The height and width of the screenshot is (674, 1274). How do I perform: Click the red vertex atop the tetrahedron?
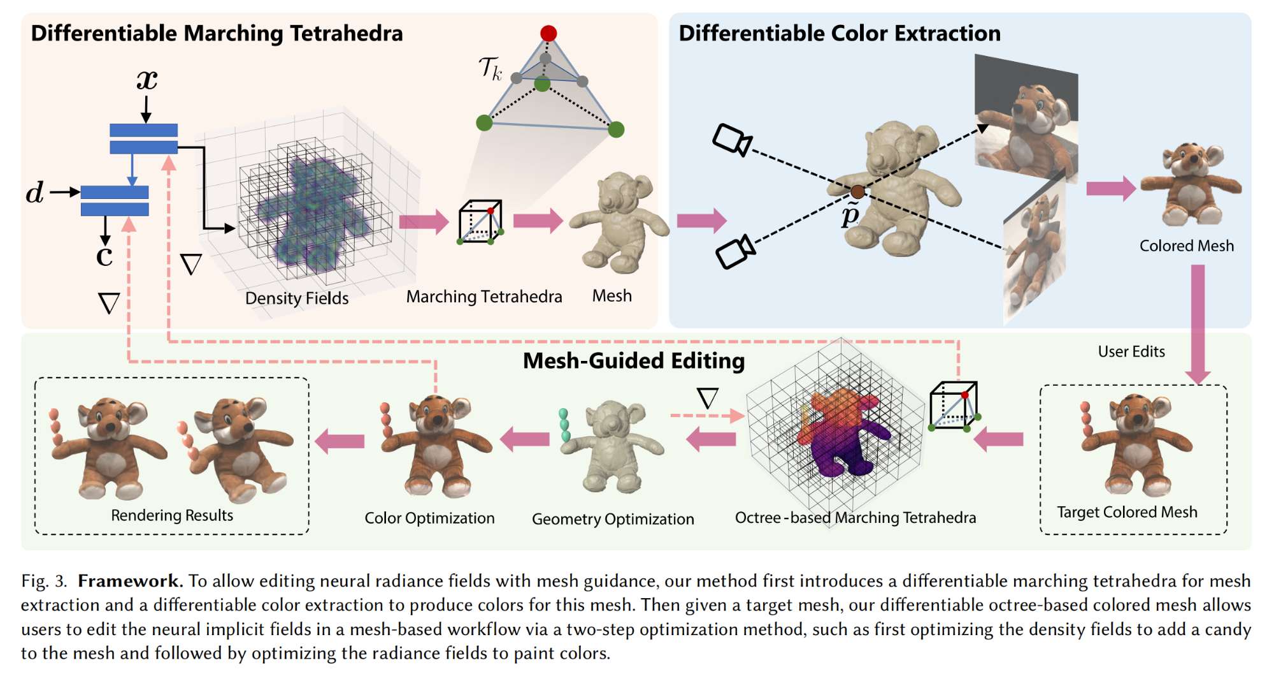[548, 33]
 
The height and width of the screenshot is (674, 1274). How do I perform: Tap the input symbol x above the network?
[147, 80]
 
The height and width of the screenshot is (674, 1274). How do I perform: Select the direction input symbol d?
[35, 193]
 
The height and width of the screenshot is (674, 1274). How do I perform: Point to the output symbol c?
[104, 256]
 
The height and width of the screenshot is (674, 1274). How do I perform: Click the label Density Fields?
[297, 298]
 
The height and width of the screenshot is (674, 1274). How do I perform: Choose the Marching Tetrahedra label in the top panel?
[484, 297]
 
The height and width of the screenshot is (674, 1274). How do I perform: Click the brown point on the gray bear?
[858, 192]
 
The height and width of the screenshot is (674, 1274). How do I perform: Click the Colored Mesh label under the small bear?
[1186, 246]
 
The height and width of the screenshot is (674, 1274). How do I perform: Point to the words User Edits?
[1131, 351]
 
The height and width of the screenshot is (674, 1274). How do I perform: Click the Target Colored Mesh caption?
[1127, 512]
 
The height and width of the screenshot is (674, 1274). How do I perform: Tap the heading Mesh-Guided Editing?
[633, 361]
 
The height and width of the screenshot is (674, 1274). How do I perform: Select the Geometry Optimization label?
[613, 519]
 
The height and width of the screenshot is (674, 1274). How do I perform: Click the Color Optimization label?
[429, 518]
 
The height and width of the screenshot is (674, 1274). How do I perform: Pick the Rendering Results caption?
[172, 515]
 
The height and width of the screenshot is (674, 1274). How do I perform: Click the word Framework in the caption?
[130, 581]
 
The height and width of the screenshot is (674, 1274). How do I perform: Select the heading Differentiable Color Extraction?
[840, 33]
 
